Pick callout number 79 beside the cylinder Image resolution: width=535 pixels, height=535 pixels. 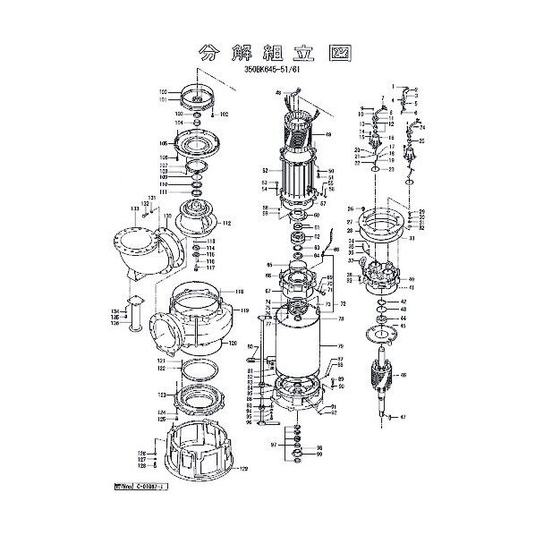tap(340, 346)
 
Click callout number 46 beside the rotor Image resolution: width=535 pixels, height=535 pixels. tap(403, 375)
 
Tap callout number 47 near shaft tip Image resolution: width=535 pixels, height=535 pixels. tap(403, 418)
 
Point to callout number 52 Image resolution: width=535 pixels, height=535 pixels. tap(266, 170)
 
